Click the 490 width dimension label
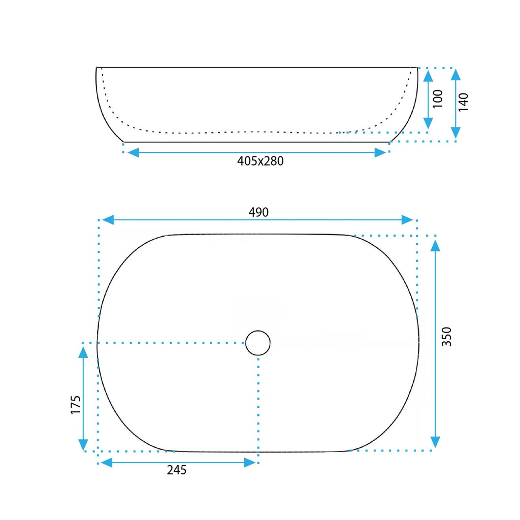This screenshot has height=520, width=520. (x=258, y=212)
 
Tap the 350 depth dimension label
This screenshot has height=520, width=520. (x=447, y=337)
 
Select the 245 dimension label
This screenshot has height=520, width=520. (x=176, y=470)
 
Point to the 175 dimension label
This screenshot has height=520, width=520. (x=76, y=405)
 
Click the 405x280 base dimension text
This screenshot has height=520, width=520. (x=261, y=161)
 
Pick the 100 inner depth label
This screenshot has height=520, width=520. (x=438, y=99)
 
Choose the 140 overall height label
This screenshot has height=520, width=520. (x=463, y=102)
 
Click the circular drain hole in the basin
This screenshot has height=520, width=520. (x=258, y=343)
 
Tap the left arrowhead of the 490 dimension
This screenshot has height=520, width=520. (x=108, y=220)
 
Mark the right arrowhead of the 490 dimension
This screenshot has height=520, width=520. (x=407, y=220)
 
